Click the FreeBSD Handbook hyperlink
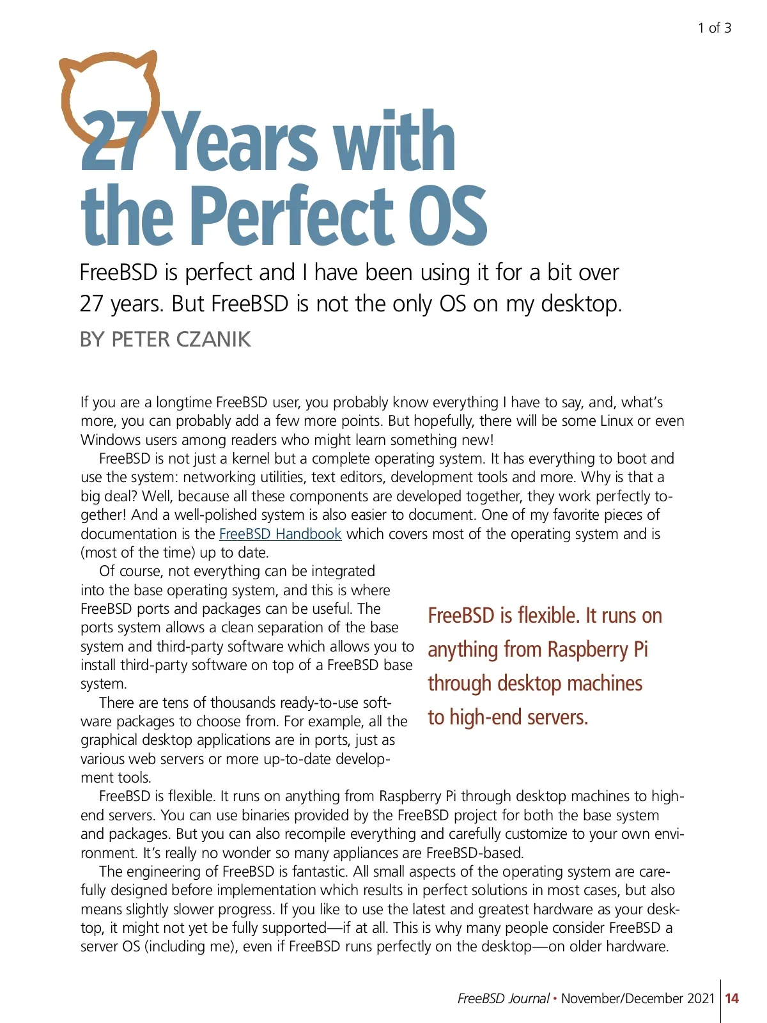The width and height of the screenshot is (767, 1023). [x=280, y=534]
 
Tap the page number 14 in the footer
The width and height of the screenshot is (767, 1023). [x=732, y=998]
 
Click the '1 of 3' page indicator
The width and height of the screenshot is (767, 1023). [x=714, y=28]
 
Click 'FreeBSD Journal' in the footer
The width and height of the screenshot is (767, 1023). [x=503, y=998]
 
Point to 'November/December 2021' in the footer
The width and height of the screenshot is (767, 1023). [x=638, y=998]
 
